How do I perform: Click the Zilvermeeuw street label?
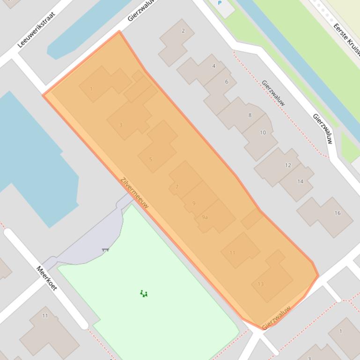(134, 193)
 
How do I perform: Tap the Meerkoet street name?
(47, 278)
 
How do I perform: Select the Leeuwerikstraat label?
(37, 30)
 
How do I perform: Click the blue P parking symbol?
(220, 3)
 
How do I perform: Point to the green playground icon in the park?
(144, 294)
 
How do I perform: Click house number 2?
(183, 31)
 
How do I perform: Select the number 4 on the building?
(214, 66)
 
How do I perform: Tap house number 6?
(227, 82)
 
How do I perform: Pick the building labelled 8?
(250, 115)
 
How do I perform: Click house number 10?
(263, 133)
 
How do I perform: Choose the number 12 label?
(288, 165)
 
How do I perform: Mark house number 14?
(300, 181)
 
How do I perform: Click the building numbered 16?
(337, 213)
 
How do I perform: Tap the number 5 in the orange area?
(151, 159)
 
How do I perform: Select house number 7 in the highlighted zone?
(177, 187)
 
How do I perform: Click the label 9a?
(205, 217)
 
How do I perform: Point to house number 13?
(261, 284)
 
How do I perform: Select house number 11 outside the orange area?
(45, 316)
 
